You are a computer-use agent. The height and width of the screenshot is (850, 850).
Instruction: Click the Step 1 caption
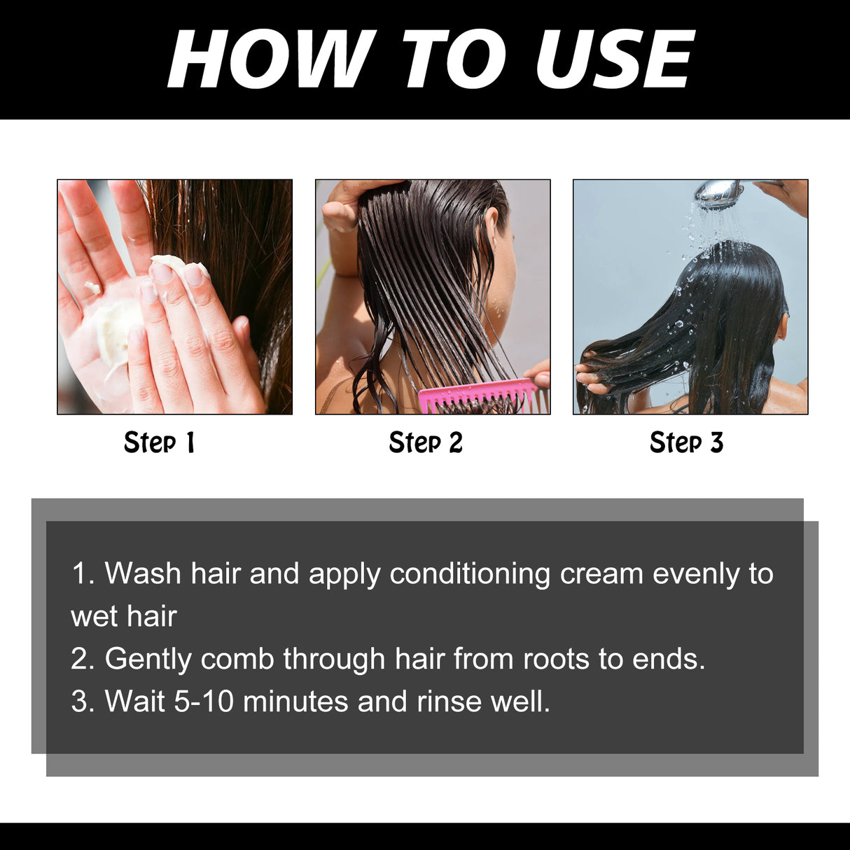[160, 443]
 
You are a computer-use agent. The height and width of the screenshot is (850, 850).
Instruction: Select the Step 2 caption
[426, 443]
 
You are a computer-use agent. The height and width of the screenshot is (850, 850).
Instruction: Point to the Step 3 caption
[686, 443]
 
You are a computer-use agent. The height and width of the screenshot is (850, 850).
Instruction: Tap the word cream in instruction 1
[601, 573]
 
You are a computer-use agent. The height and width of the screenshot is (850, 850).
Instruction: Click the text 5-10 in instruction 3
[204, 702]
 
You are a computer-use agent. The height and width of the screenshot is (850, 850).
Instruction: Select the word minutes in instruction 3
[295, 702]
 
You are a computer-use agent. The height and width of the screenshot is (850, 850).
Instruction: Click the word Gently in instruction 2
[147, 659]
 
